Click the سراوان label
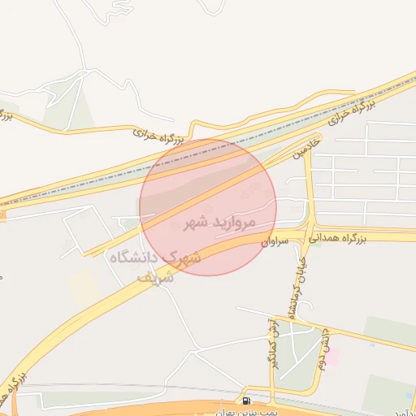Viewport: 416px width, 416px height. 276,241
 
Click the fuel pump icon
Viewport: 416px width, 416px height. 246,401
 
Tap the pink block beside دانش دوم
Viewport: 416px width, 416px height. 333,357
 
